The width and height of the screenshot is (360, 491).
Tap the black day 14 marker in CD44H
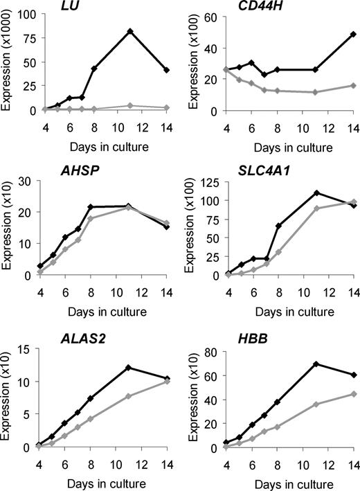(353, 33)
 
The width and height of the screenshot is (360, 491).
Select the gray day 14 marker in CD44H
(353, 85)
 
